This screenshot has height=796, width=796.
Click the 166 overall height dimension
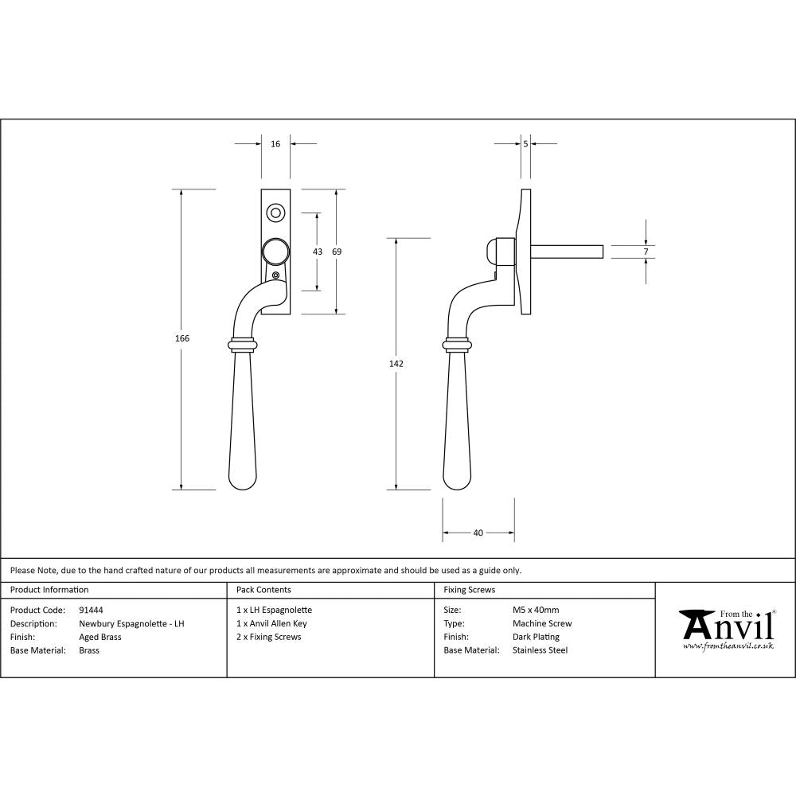182,338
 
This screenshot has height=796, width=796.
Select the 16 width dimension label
275,144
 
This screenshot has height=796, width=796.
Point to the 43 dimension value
318,252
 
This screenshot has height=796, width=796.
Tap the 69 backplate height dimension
337,252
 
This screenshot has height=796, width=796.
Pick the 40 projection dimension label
478,533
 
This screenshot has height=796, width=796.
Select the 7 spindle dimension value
646,252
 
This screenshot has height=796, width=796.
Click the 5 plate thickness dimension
526,144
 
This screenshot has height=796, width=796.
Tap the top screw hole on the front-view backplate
275,213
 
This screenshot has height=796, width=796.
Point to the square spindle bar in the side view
567,252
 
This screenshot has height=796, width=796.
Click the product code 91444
91,610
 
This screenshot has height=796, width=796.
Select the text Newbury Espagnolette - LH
131,624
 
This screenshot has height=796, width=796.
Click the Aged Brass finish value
100,637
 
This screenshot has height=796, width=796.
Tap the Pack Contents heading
263,590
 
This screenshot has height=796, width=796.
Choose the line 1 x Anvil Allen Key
271,624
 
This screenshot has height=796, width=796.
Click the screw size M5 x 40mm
536,610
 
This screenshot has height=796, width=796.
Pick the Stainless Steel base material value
540,650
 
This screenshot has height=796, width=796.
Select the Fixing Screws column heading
470,590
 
